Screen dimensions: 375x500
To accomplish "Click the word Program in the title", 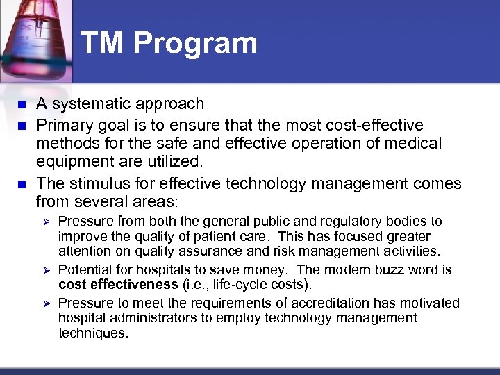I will point(195,44).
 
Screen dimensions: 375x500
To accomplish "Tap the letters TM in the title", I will point(103,42).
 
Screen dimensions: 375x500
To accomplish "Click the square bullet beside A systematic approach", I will point(21,105).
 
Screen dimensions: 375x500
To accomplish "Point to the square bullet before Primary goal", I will point(21,125).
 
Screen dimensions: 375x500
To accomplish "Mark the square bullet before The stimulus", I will point(21,184).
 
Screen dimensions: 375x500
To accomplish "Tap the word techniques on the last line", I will point(93,333).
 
